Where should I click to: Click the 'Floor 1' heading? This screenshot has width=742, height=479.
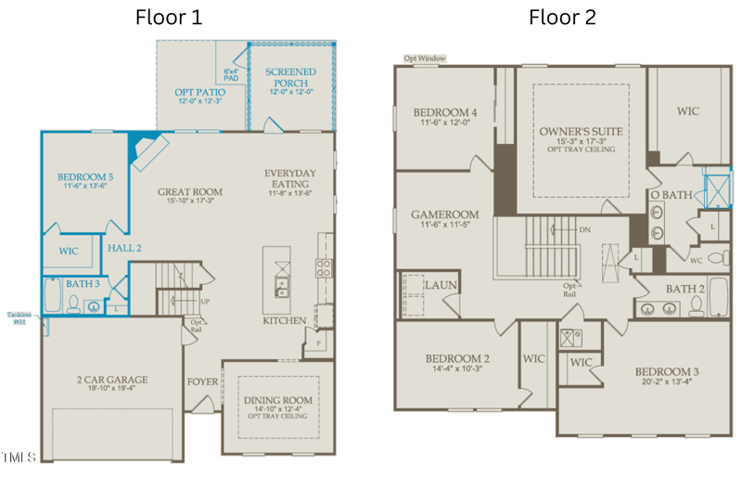pyautogui.click(x=169, y=17)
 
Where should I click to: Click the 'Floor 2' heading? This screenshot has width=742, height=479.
pyautogui.click(x=562, y=17)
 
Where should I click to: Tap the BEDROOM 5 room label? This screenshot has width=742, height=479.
pyautogui.click(x=85, y=176)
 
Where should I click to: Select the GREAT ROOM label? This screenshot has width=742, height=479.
pyautogui.click(x=189, y=192)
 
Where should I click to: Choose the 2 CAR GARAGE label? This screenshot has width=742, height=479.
pyautogui.click(x=111, y=380)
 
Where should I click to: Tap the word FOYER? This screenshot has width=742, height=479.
pyautogui.click(x=202, y=382)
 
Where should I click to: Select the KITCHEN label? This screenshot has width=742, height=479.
pyautogui.click(x=284, y=321)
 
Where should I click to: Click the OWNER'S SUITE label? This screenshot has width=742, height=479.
pyautogui.click(x=581, y=132)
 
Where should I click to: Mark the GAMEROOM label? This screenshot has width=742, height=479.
pyautogui.click(x=444, y=214)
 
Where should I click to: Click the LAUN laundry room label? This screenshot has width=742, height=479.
pyautogui.click(x=441, y=285)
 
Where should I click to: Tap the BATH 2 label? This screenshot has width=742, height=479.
pyautogui.click(x=685, y=290)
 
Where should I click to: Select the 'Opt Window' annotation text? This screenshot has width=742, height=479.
pyautogui.click(x=424, y=58)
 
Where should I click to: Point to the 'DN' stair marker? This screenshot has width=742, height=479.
pyautogui.click(x=584, y=229)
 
